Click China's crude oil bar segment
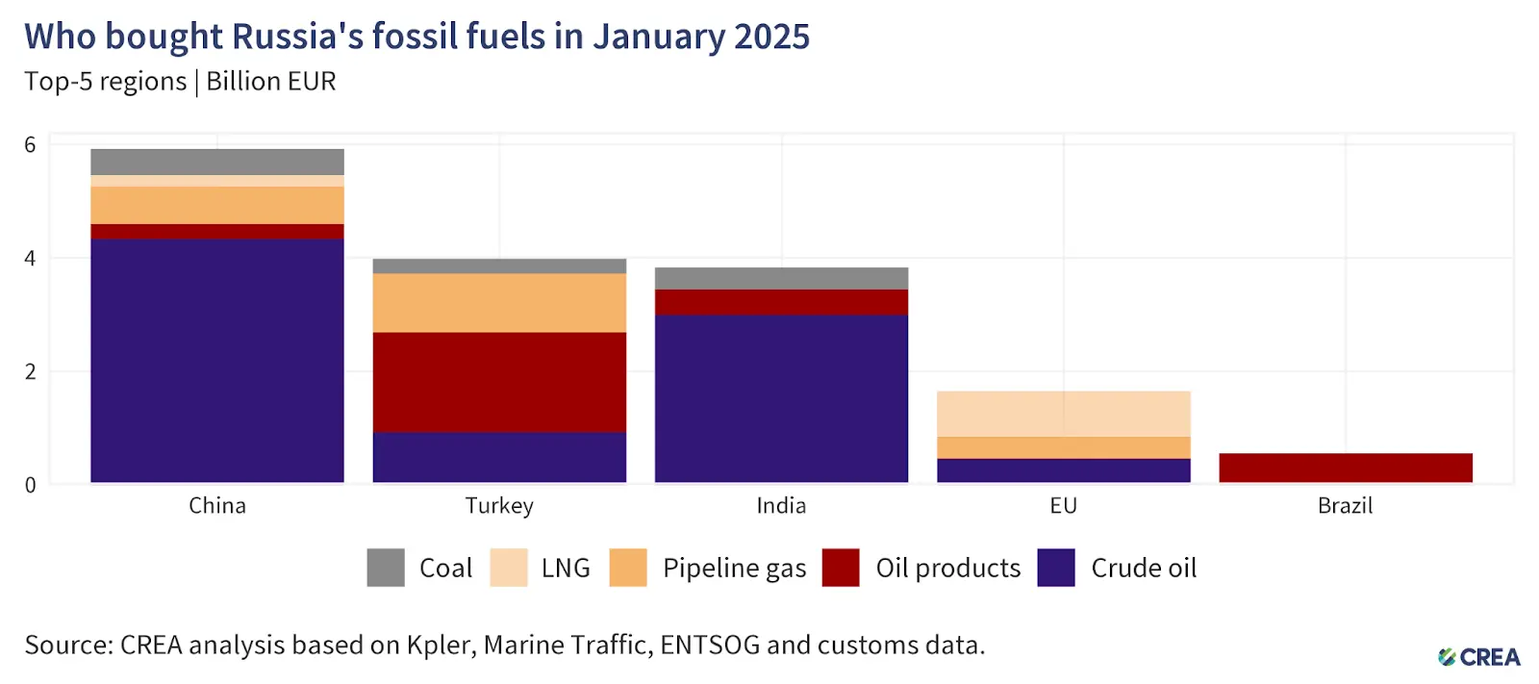(x=217, y=360)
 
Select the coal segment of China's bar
(x=217, y=162)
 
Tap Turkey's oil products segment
(x=499, y=382)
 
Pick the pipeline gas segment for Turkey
(x=499, y=303)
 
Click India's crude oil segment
(x=781, y=398)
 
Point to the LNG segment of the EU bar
(x=1063, y=414)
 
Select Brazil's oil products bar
(x=1345, y=468)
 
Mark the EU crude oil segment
(x=1063, y=470)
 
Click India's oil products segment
(x=781, y=302)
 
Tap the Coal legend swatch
(x=386, y=568)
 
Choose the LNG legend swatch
(x=509, y=568)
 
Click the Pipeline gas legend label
(x=734, y=569)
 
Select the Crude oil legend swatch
(x=1056, y=568)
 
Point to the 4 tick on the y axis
(x=30, y=258)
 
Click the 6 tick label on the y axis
(x=30, y=145)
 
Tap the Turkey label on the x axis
(x=499, y=506)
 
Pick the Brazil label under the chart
(x=1345, y=506)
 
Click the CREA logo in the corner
(x=1479, y=657)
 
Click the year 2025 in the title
(x=771, y=37)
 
